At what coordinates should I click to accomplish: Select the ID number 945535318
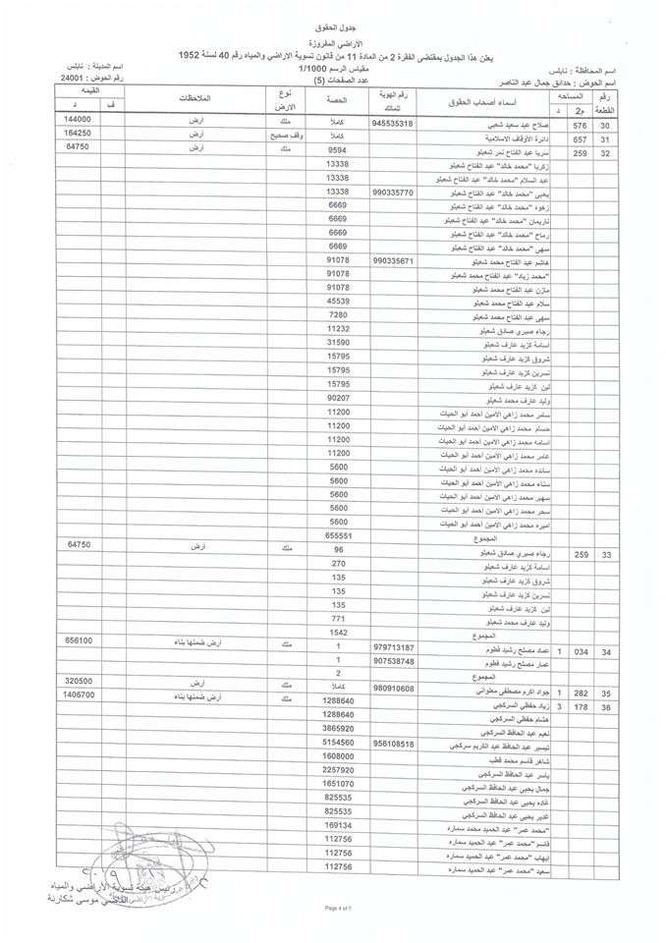[x=405, y=125]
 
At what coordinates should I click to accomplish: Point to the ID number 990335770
[x=405, y=194]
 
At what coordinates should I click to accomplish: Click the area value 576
[x=579, y=126]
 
